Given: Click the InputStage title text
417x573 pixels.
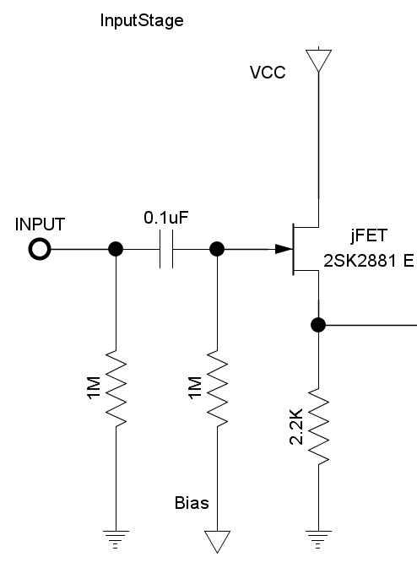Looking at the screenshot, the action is [142, 21].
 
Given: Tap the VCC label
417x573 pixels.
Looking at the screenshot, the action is [268, 73].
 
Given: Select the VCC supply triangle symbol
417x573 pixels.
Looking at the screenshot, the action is [319, 61].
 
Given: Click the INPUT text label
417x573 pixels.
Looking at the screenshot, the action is [40, 224].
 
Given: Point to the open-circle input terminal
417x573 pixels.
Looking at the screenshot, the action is [40, 249].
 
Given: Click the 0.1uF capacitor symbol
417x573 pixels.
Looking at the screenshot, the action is [166, 249].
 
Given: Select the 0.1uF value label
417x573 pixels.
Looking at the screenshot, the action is [166, 218].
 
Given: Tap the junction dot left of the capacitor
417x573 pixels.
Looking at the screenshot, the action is [116, 249].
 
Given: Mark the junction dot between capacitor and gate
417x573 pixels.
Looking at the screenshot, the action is [217, 249].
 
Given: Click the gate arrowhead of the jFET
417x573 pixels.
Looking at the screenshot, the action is [284, 249].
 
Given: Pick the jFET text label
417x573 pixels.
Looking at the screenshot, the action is [368, 235].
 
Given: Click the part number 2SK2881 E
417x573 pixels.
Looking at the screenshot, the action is [368, 261].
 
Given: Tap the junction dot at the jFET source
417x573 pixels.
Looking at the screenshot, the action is [318, 325].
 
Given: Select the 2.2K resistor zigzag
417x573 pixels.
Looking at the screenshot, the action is [319, 426].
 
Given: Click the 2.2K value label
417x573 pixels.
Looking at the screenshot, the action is [296, 426].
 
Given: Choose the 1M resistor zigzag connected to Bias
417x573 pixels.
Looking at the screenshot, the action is [218, 388].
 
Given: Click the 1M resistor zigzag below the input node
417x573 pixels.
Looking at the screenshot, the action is [116, 388].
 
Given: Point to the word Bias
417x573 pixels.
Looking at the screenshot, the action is [192, 503].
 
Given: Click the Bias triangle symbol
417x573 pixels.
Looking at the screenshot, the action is [218, 541].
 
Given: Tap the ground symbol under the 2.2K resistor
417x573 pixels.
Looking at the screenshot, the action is [318, 539].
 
